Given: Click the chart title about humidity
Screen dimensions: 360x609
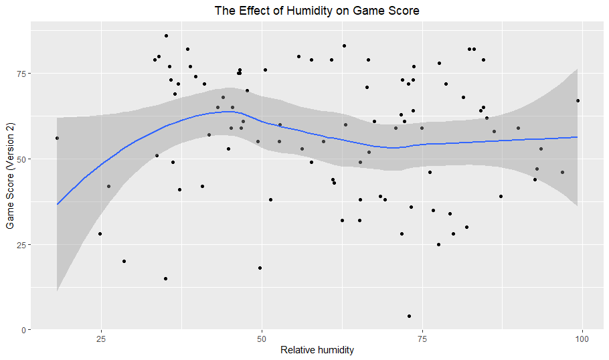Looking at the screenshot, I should pos(317,11).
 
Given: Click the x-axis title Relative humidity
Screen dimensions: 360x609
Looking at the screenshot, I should pos(317,350).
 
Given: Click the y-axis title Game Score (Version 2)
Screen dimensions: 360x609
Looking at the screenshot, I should pos(10,175).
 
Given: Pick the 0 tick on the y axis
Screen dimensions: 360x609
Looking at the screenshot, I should pos(23,330).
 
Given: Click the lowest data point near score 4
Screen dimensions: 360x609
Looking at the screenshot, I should pos(409,316).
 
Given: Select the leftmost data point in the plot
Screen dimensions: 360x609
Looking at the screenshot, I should pos(57,139).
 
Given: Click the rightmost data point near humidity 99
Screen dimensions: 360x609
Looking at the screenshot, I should pos(578,100).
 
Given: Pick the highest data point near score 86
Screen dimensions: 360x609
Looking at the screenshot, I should pos(166,35).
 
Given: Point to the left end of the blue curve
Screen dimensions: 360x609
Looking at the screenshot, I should pos(58,204).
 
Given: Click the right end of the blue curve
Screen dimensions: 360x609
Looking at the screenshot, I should pos(577,137).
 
